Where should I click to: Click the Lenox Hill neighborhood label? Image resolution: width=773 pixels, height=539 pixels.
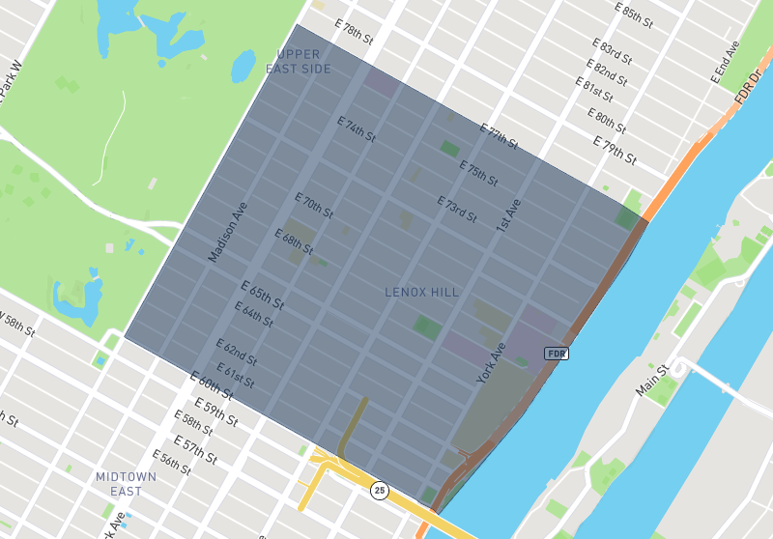[x=421, y=292]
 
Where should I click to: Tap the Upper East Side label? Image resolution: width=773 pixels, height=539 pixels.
[x=299, y=62]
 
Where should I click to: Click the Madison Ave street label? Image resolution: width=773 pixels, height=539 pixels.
[x=228, y=232]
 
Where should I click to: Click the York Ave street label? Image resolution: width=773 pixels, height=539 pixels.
[x=491, y=363]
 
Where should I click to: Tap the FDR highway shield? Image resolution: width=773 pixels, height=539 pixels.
[x=556, y=354]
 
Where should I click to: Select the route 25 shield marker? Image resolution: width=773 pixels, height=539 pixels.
[x=379, y=491]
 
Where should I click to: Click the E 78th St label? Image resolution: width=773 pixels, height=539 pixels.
[x=353, y=30]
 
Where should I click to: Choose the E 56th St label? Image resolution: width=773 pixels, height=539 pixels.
[x=172, y=462]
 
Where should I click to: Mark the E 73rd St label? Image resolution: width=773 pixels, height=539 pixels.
[x=457, y=210]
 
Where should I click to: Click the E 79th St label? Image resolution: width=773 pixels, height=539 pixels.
[x=616, y=151]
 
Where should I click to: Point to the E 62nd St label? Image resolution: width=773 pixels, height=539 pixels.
[x=236, y=351]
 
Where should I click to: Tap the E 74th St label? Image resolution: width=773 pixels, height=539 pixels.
[x=356, y=129]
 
